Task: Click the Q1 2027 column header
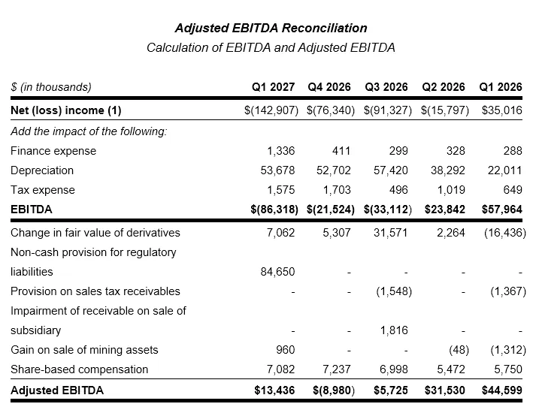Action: (273, 87)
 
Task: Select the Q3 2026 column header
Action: (386, 87)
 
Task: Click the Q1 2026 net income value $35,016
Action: (502, 110)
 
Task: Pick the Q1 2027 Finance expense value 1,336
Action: (280, 151)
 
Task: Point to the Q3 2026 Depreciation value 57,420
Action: (391, 170)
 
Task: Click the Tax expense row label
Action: (43, 190)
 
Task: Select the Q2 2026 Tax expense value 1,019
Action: (451, 190)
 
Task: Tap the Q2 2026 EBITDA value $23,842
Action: (445, 210)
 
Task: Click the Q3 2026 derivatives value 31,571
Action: (391, 233)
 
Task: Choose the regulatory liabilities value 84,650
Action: (277, 272)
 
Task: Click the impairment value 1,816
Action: (394, 330)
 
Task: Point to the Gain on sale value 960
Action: (286, 350)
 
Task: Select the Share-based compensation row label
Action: (79, 369)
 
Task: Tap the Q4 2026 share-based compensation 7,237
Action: (337, 369)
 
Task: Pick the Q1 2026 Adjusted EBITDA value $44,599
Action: (502, 390)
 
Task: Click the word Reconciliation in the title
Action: (325, 28)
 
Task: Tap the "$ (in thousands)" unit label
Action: (51, 87)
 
